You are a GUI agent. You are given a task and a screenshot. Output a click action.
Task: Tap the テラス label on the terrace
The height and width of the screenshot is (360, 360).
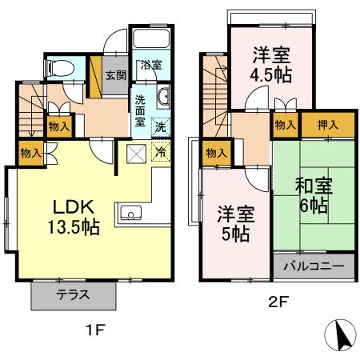click(73, 294)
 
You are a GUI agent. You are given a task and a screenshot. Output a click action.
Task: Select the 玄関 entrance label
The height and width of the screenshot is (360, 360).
click(115, 76)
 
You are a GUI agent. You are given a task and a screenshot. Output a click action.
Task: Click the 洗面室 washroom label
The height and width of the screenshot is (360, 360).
click(139, 111)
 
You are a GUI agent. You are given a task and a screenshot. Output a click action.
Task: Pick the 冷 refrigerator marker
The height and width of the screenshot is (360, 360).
click(160, 151)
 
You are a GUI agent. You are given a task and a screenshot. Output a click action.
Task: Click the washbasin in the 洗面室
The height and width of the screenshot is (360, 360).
click(163, 98)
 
